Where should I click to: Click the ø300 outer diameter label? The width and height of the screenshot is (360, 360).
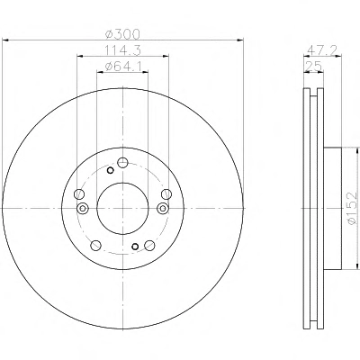(x=122, y=34)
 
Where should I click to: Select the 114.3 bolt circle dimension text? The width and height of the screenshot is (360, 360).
(x=122, y=50)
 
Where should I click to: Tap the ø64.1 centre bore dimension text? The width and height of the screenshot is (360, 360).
(x=123, y=67)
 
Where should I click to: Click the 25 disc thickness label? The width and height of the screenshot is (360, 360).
(x=314, y=66)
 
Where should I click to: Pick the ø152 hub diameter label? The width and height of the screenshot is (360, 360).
(x=353, y=208)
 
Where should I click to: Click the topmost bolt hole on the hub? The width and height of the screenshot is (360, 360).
(x=122, y=163)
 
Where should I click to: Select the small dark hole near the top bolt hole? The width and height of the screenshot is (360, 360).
(x=110, y=171)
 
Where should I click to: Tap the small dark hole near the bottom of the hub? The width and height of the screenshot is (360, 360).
(x=135, y=247)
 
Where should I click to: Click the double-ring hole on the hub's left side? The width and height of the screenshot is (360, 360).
(x=83, y=208)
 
